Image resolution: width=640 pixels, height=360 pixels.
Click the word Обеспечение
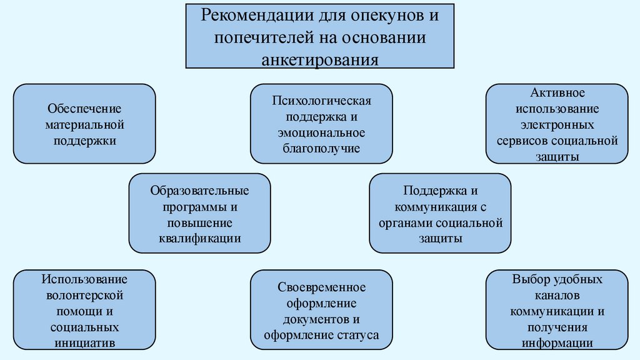pos(84,108)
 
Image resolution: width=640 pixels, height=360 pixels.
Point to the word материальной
pos(84,124)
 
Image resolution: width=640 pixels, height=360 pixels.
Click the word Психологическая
pos(321,101)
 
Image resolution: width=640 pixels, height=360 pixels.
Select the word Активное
pos(557,93)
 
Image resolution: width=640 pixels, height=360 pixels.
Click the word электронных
pos(557,124)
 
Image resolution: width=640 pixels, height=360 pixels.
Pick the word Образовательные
pos(199,191)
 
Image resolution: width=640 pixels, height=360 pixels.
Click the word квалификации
pos(199,238)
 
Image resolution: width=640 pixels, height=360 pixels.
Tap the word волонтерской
pos(84,294)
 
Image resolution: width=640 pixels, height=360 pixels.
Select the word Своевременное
pos(321,287)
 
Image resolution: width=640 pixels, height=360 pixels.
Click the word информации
pos(557,342)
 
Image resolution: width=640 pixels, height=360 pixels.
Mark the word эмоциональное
pos(321,132)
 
